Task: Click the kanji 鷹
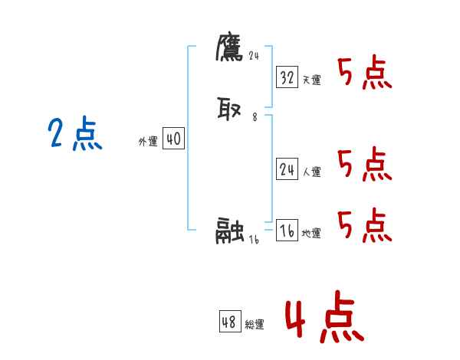click(x=229, y=48)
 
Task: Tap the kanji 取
click(x=230, y=110)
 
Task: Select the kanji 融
click(x=230, y=230)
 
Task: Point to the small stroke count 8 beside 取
click(x=255, y=118)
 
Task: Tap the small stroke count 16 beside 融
click(x=255, y=239)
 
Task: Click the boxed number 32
click(x=287, y=77)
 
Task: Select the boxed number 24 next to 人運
click(x=287, y=170)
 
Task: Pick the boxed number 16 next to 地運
click(x=287, y=231)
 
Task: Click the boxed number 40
click(x=173, y=139)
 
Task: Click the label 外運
click(x=148, y=142)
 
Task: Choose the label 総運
click(x=255, y=325)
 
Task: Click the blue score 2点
click(x=75, y=135)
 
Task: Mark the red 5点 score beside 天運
click(x=364, y=74)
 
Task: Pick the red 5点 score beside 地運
click(x=364, y=226)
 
